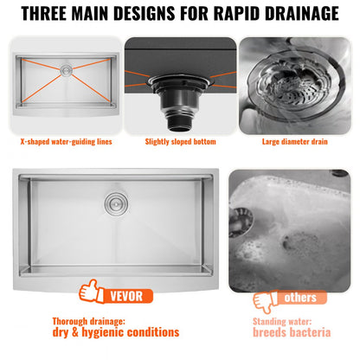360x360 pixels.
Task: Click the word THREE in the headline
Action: (53, 14)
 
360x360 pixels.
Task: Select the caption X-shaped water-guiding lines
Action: (66, 141)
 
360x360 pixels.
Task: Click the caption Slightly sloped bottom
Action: (179, 141)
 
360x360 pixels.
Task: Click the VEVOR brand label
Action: (126, 295)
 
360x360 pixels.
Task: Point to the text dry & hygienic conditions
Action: (115, 332)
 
